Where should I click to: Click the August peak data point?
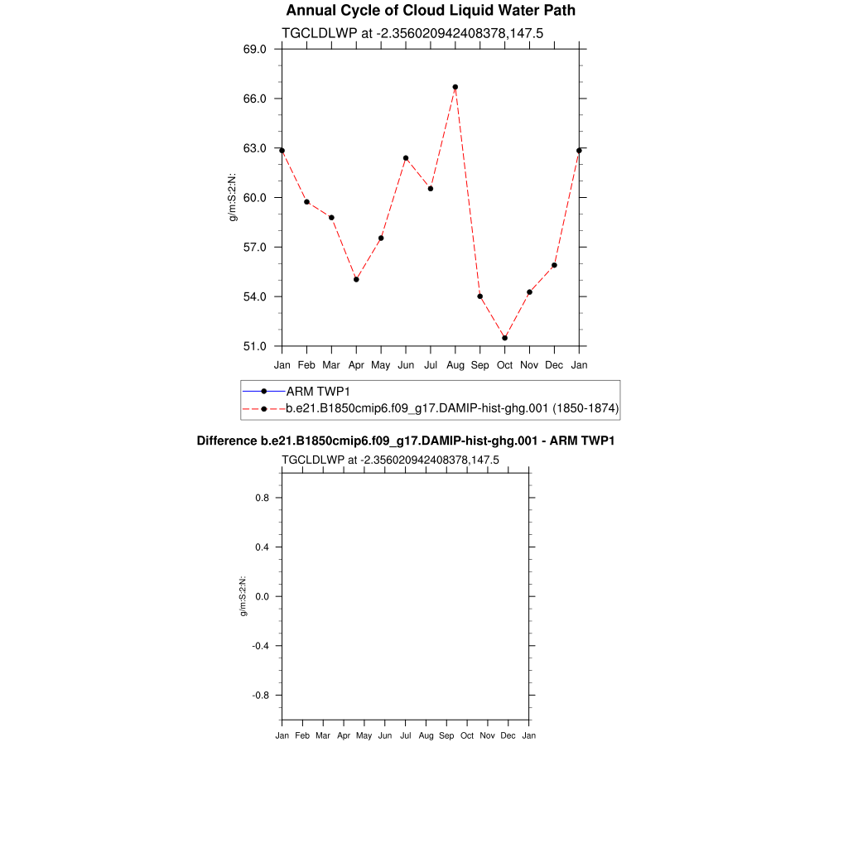(x=455, y=87)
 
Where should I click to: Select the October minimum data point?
(x=504, y=338)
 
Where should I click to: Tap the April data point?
(x=356, y=279)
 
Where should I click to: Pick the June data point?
(x=406, y=158)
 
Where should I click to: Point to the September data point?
(x=480, y=296)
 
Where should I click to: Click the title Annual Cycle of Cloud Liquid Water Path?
(x=431, y=11)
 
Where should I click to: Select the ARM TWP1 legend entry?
(x=318, y=391)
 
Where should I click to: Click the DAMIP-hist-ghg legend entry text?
(x=452, y=408)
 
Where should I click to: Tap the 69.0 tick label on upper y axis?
(x=255, y=50)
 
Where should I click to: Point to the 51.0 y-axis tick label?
(x=255, y=346)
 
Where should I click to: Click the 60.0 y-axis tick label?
(x=255, y=198)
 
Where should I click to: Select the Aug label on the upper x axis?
(x=455, y=365)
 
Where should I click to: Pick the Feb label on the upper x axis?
(x=306, y=365)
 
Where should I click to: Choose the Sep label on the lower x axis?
(x=446, y=735)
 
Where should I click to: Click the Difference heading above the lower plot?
(x=405, y=441)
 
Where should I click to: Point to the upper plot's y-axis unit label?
(x=234, y=198)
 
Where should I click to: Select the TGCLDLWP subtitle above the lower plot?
(x=390, y=460)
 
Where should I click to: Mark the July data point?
(x=431, y=189)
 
